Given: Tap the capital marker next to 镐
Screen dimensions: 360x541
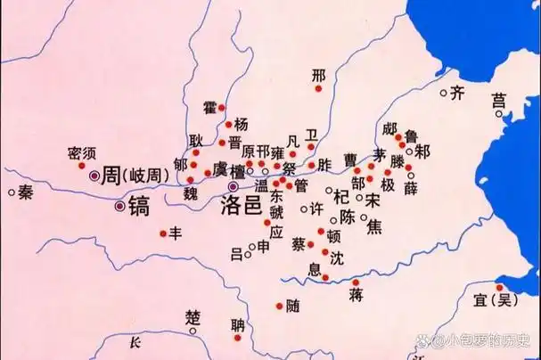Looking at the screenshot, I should pyautogui.click(x=120, y=206).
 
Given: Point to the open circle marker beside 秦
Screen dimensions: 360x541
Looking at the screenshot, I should pyautogui.click(x=12, y=191).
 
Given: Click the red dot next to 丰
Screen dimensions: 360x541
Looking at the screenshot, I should pyautogui.click(x=162, y=233).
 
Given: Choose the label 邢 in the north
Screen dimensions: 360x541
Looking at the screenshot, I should pyautogui.click(x=319, y=76).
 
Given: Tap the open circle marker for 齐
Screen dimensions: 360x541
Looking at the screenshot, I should pyautogui.click(x=444, y=91).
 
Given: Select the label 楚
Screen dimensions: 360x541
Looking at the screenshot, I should pyautogui.click(x=193, y=318).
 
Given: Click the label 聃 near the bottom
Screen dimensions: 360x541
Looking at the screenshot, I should pyautogui.click(x=236, y=324).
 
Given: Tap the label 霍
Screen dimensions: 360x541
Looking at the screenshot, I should pyautogui.click(x=210, y=108).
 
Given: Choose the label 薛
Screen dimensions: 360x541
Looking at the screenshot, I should pyautogui.click(x=411, y=188).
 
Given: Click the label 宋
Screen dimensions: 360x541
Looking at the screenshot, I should pyautogui.click(x=373, y=200).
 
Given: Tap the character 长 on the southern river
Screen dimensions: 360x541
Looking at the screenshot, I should pyautogui.click(x=135, y=343).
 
